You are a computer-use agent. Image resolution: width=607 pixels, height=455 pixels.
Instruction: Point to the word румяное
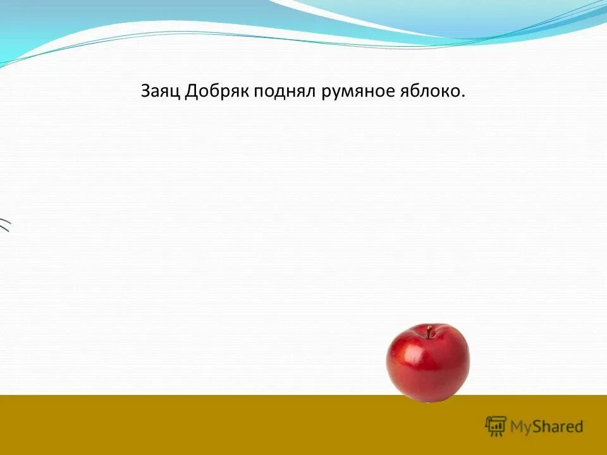point(355,94)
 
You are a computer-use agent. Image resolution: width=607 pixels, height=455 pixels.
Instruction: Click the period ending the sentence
point(463,97)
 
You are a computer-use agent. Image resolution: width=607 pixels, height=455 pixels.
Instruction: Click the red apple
point(428,363)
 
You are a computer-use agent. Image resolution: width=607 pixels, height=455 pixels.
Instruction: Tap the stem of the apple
point(429,331)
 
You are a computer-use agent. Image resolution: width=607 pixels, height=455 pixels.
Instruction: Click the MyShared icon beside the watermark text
point(496,426)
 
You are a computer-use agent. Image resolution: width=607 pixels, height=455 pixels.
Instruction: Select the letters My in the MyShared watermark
point(521,427)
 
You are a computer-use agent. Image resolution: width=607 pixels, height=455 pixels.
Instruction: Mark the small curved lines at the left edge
point(5,224)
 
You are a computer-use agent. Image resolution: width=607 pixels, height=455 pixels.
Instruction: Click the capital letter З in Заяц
point(145,92)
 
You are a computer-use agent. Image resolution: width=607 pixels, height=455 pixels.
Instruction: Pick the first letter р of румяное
point(326,95)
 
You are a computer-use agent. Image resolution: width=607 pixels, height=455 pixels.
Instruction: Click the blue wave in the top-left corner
point(38,25)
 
